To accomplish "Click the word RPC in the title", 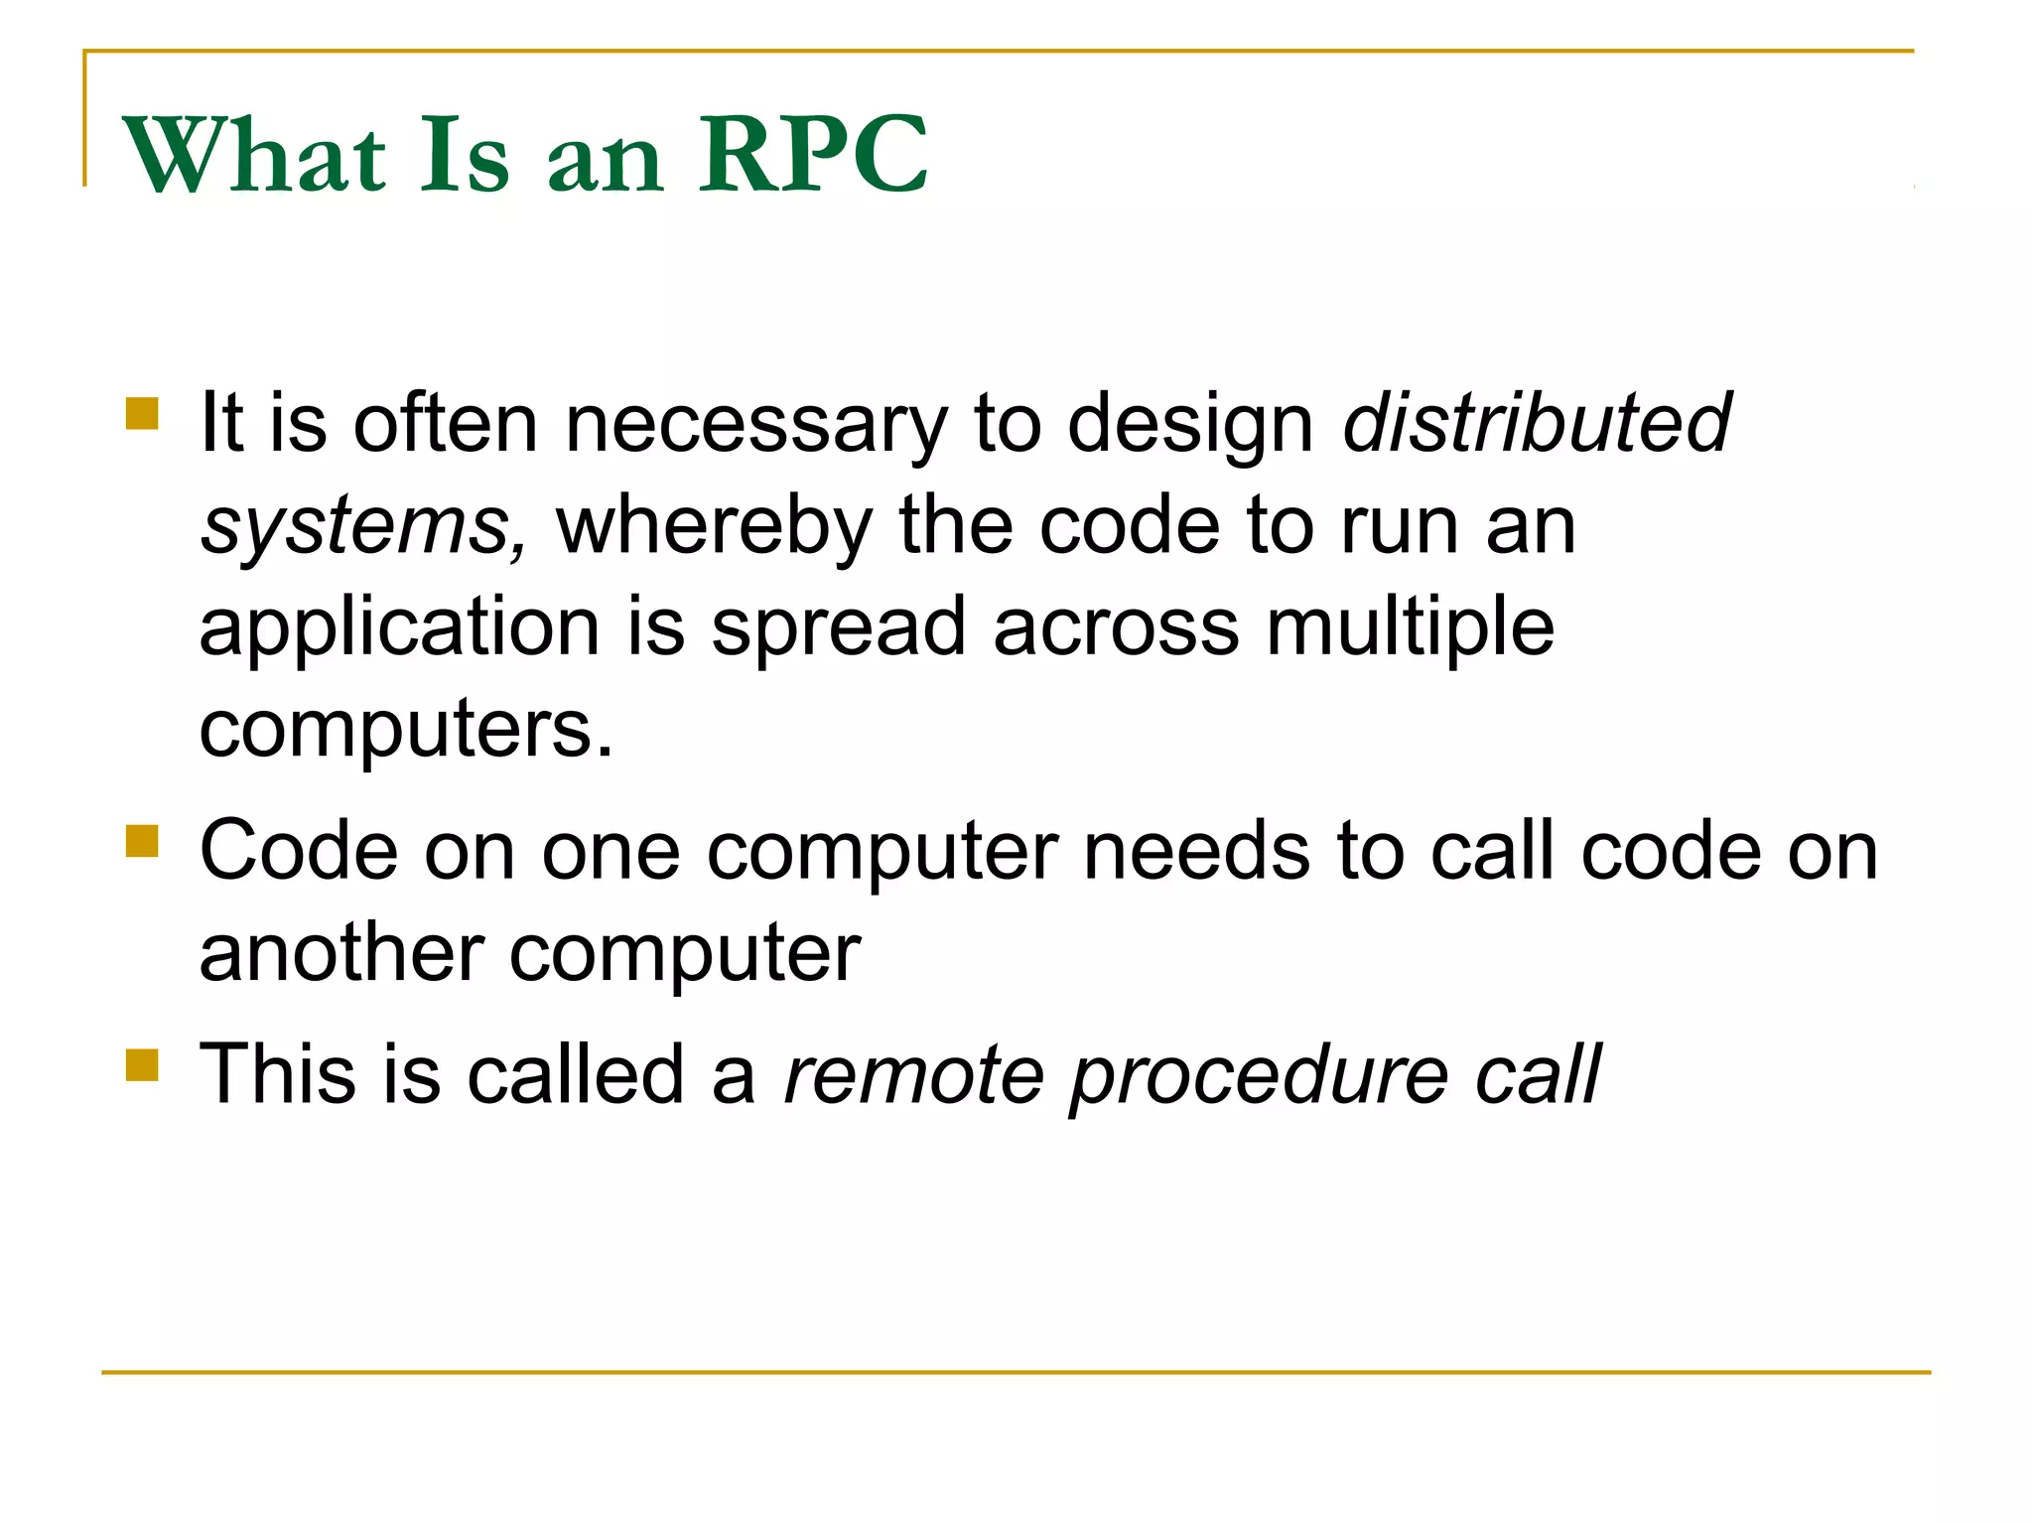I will (x=813, y=155).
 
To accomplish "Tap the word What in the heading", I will (x=254, y=155).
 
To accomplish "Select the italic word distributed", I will (x=1536, y=423).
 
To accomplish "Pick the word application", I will (x=399, y=628).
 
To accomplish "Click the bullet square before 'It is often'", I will (x=143, y=413).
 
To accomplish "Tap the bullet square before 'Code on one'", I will (x=143, y=841).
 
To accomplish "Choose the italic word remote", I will (x=913, y=1076).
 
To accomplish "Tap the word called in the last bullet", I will (x=576, y=1074).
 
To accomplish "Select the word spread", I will (x=839, y=628).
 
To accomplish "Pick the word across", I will (x=1116, y=628).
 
